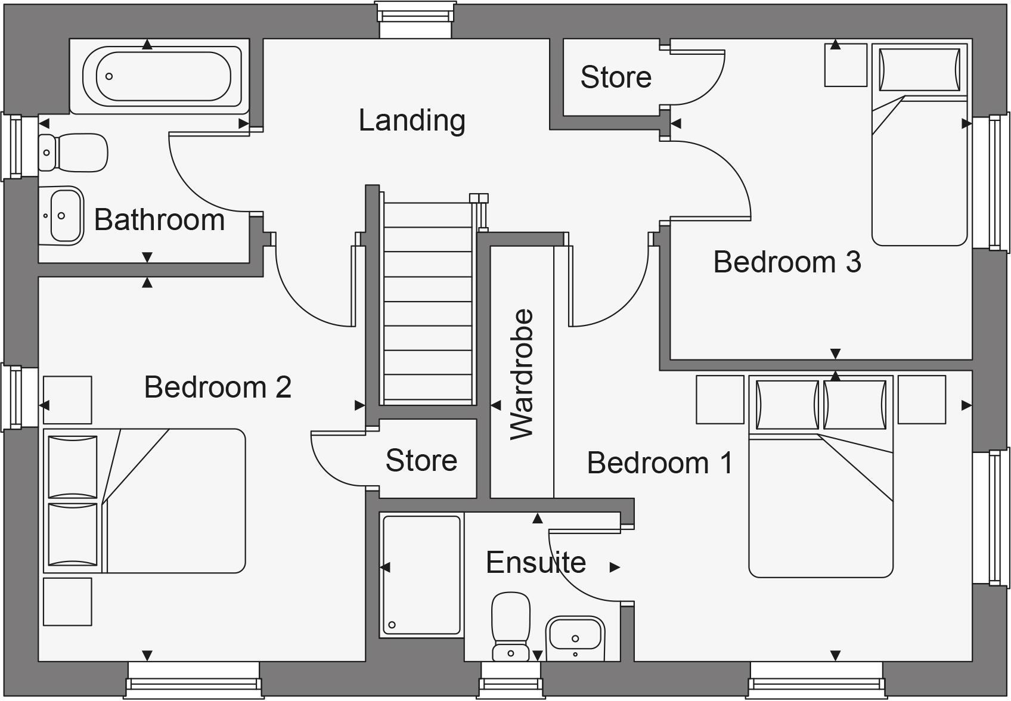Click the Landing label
coord(411,120)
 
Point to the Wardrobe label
coord(522,374)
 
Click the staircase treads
coord(428,301)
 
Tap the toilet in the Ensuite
coord(511,625)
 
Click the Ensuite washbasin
coord(575,637)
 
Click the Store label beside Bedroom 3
coord(616,77)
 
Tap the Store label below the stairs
coord(421,460)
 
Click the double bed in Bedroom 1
coord(820,477)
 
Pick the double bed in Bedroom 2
coord(144,501)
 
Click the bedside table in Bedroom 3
coord(845,64)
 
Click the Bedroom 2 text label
coord(218,387)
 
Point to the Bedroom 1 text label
coord(660,463)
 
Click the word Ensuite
coord(535,563)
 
